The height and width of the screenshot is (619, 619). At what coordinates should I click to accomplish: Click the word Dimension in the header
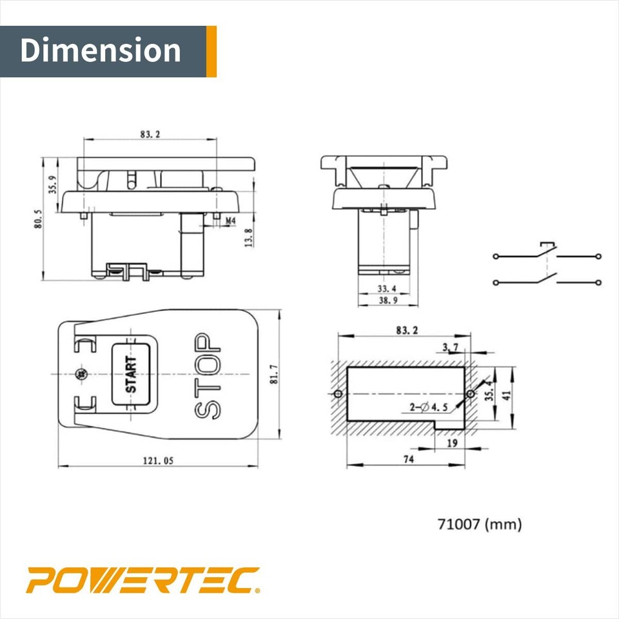[101, 51]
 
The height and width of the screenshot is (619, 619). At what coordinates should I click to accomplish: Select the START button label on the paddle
[132, 375]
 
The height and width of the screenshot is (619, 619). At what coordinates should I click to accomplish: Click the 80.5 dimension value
[39, 219]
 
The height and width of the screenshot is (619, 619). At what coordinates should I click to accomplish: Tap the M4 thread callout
[230, 221]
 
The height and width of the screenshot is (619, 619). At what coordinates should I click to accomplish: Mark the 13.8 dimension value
[248, 237]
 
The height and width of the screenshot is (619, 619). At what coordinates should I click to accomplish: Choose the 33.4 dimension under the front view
[386, 290]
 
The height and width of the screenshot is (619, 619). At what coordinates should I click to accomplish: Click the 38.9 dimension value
[386, 301]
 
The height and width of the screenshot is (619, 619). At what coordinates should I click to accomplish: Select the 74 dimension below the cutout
[408, 459]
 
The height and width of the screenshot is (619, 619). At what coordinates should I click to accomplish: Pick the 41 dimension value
[507, 394]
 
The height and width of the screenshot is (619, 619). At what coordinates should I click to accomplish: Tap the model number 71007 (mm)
[479, 524]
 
